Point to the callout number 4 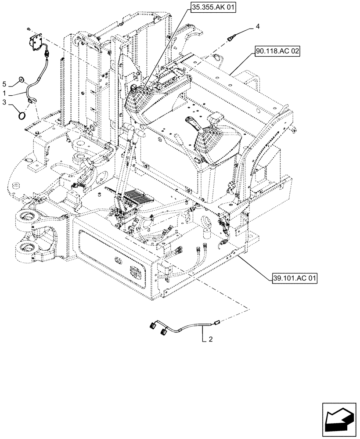pyautogui.click(x=258, y=27)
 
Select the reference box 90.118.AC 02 pyautogui.click(x=277, y=51)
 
